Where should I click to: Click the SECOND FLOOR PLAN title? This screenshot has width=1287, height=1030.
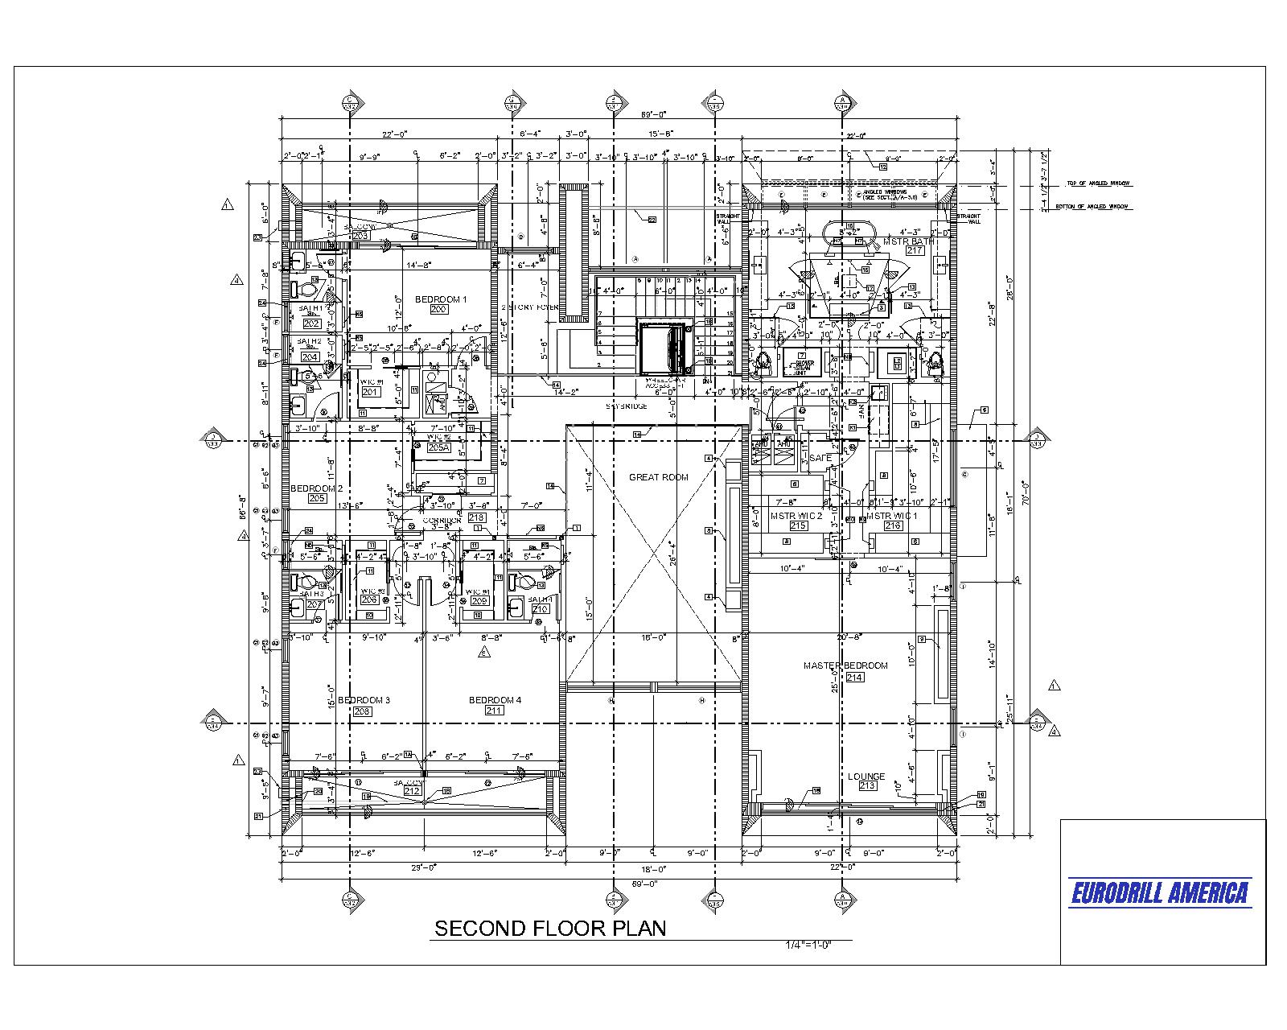pos(550,928)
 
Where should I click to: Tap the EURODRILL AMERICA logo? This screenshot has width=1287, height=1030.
pos(1160,892)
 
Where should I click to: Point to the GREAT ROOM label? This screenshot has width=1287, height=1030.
pos(658,477)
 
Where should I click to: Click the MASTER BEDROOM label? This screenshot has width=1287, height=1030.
pos(845,665)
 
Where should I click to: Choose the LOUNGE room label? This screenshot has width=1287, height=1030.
pos(866,777)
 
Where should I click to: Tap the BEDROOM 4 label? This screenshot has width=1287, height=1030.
pos(495,700)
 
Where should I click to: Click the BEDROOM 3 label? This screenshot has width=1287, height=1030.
pos(364,700)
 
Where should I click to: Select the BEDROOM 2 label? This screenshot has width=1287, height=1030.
pos(316,488)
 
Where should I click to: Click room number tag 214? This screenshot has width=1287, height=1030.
pos(853,678)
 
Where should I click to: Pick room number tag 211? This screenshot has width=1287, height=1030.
pos(494,711)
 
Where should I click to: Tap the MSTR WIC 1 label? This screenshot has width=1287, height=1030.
pos(891,516)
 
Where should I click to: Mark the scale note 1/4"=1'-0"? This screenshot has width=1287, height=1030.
pos(808,945)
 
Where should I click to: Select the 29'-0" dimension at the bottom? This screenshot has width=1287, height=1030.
pos(424,868)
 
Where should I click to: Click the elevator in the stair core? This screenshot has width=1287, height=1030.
pos(664,347)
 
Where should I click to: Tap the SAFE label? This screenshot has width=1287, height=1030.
pos(820,458)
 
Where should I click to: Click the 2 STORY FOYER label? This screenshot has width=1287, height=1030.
pos(530,307)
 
